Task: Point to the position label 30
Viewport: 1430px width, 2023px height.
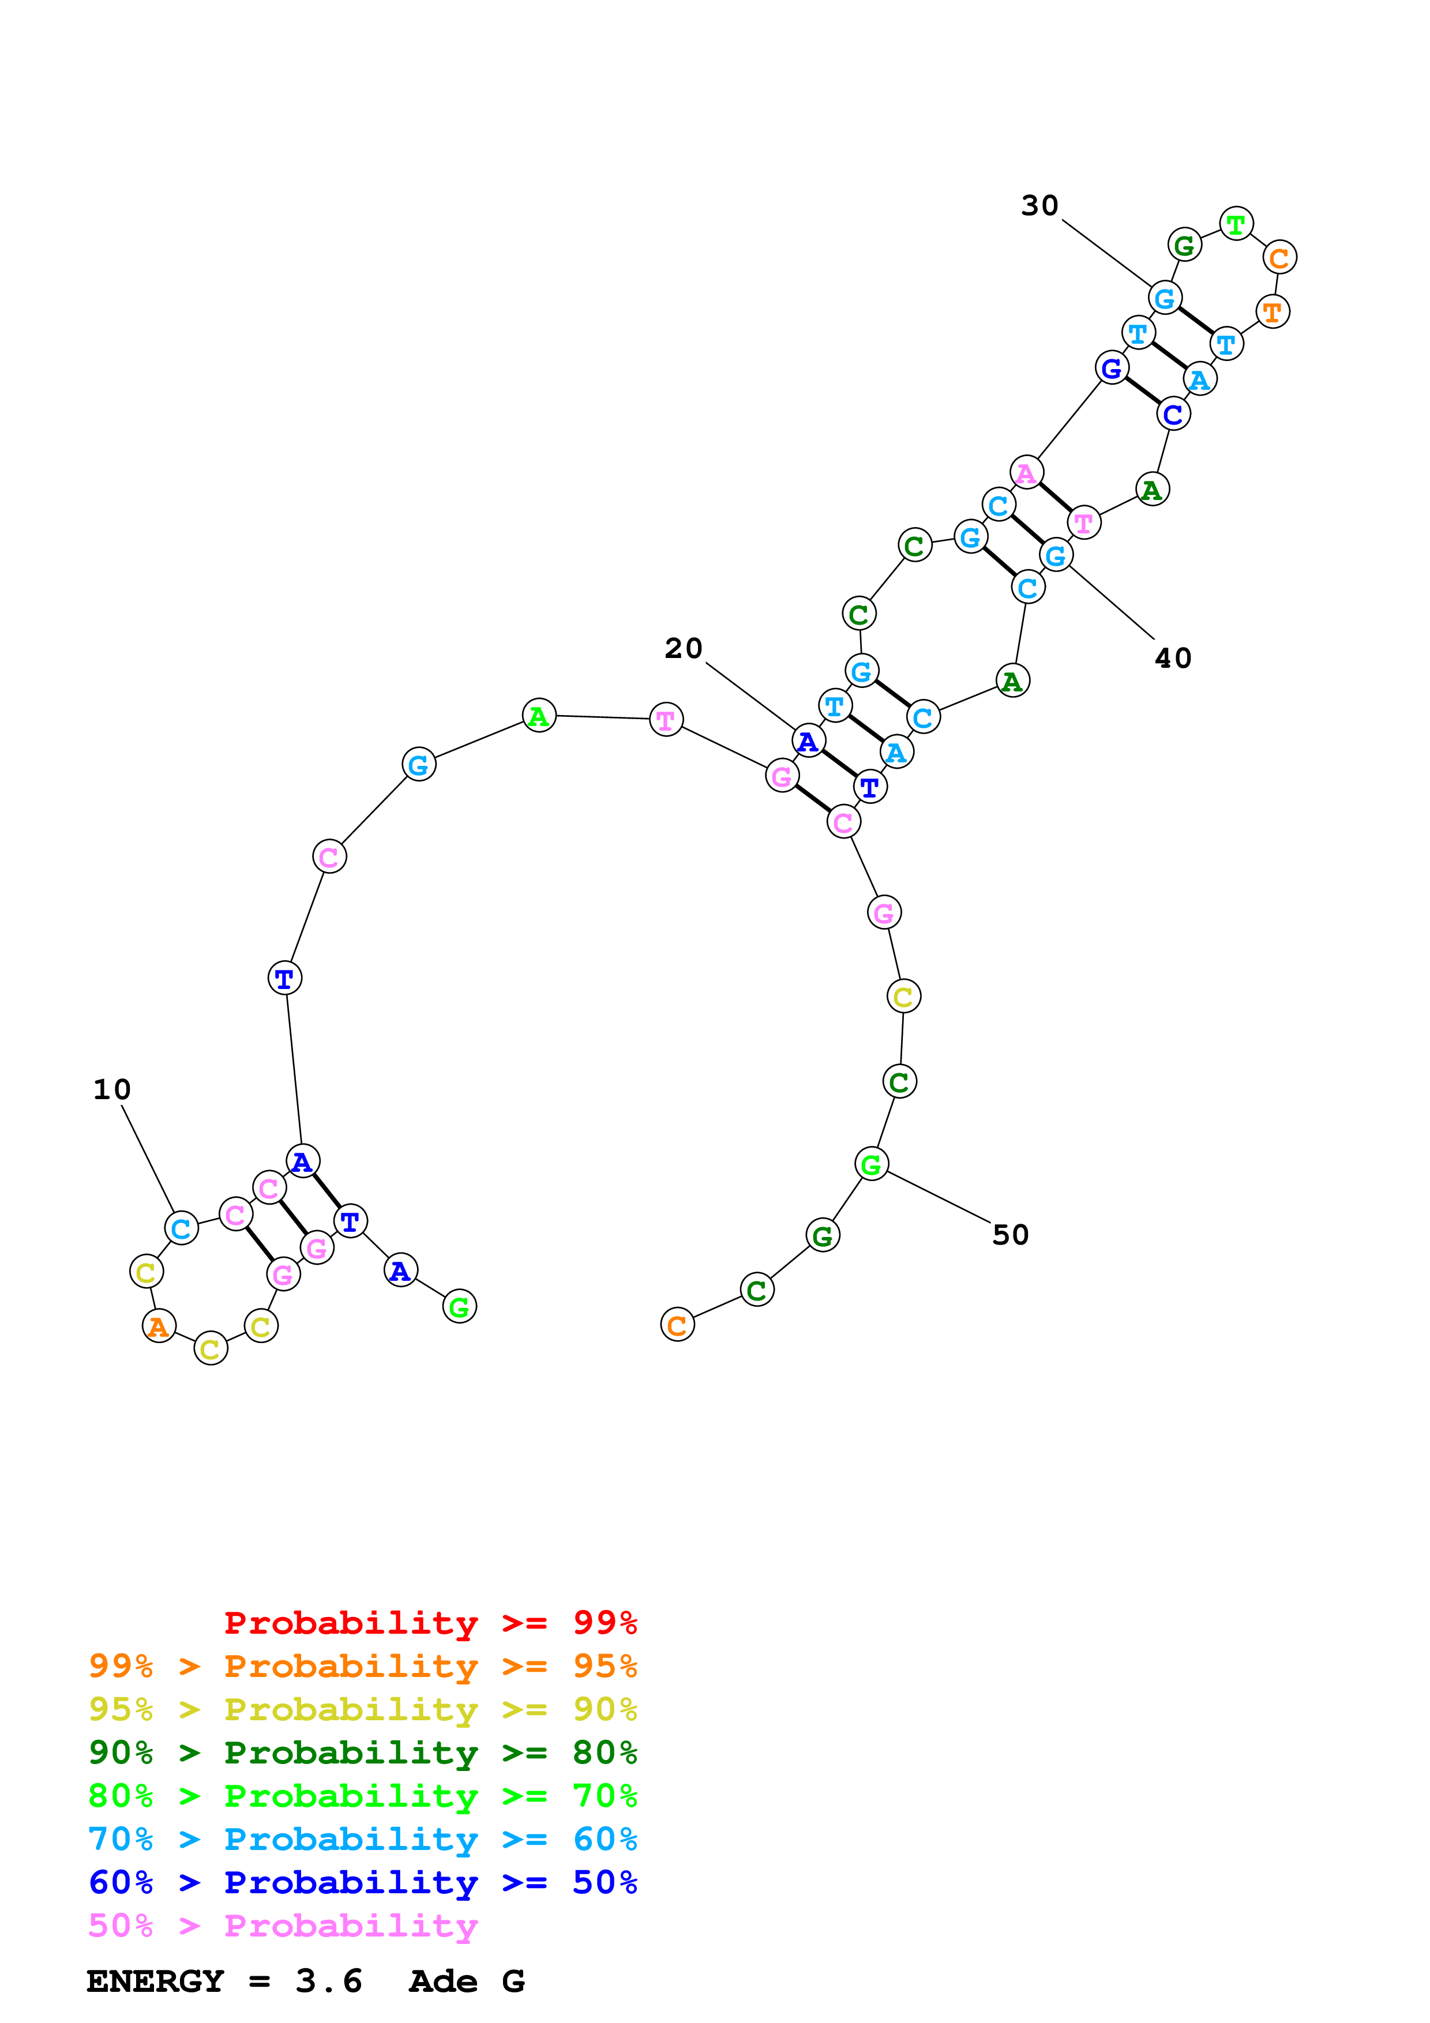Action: (x=1039, y=205)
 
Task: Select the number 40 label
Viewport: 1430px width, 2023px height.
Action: (x=1173, y=658)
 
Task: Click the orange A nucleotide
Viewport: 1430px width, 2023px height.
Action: (x=159, y=1325)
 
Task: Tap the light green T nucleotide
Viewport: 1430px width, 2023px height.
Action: (x=1236, y=224)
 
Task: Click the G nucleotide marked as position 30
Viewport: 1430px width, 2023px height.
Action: (x=1165, y=298)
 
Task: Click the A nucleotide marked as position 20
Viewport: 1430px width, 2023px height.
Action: (x=809, y=742)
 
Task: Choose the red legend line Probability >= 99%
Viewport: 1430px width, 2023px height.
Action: (x=430, y=1622)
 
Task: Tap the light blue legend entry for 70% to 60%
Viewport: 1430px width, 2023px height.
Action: (x=362, y=1839)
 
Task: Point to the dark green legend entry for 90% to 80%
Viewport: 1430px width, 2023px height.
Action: (x=362, y=1753)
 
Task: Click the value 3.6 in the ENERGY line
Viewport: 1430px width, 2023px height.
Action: (x=329, y=1981)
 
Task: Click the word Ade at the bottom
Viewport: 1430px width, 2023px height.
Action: (x=443, y=1981)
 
